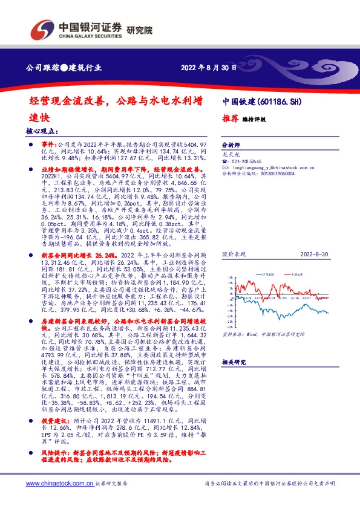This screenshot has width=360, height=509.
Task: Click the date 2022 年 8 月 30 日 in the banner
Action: pos(207,68)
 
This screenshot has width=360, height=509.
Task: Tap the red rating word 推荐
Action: pos(229,118)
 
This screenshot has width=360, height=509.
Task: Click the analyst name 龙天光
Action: pos(230,155)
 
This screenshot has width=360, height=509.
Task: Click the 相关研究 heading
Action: pos(232,361)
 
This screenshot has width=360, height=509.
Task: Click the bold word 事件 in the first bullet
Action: pos(48,146)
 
